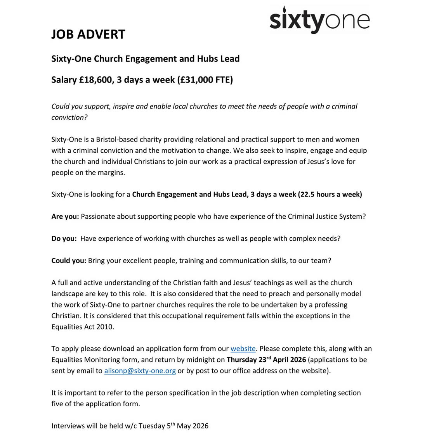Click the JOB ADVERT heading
pos(88,34)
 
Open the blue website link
pos(243,349)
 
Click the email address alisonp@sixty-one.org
pos(140,371)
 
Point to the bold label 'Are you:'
pos(65,216)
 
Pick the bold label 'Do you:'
pos(64,238)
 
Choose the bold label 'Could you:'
pos(69,261)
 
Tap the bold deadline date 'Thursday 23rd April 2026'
pos(266,359)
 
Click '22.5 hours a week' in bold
pos(330,194)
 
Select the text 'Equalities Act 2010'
pos(82,326)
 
